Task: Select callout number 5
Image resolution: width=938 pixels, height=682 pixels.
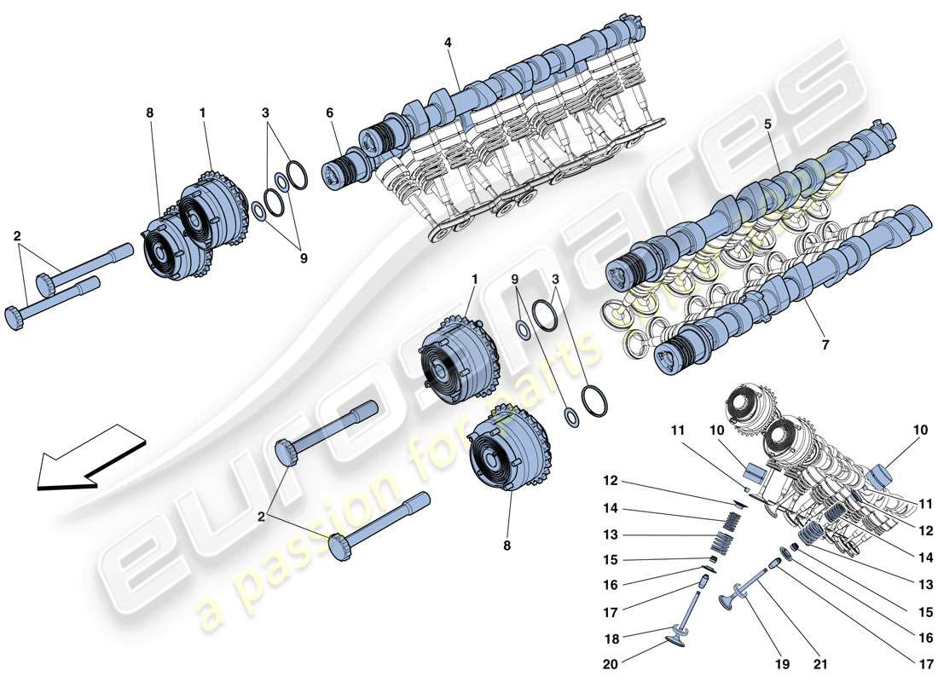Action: click(x=768, y=123)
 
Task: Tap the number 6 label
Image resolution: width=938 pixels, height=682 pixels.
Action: click(x=329, y=113)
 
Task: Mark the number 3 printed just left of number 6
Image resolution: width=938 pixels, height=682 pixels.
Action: click(x=265, y=113)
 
